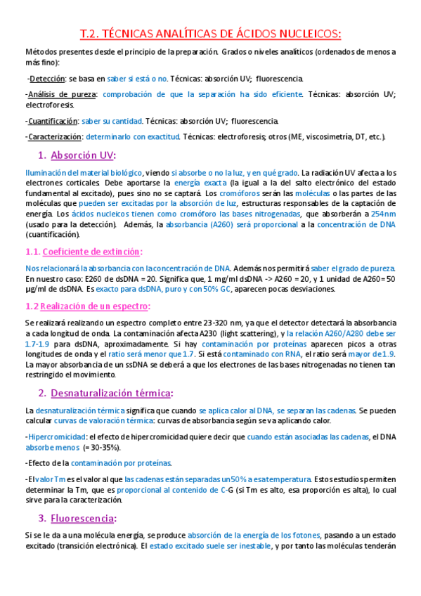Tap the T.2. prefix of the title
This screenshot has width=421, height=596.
click(89, 33)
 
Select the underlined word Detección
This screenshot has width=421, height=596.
click(48, 79)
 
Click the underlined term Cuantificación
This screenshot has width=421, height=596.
click(51, 121)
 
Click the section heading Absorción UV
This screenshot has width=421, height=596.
click(83, 155)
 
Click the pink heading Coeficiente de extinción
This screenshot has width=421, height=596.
click(92, 251)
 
